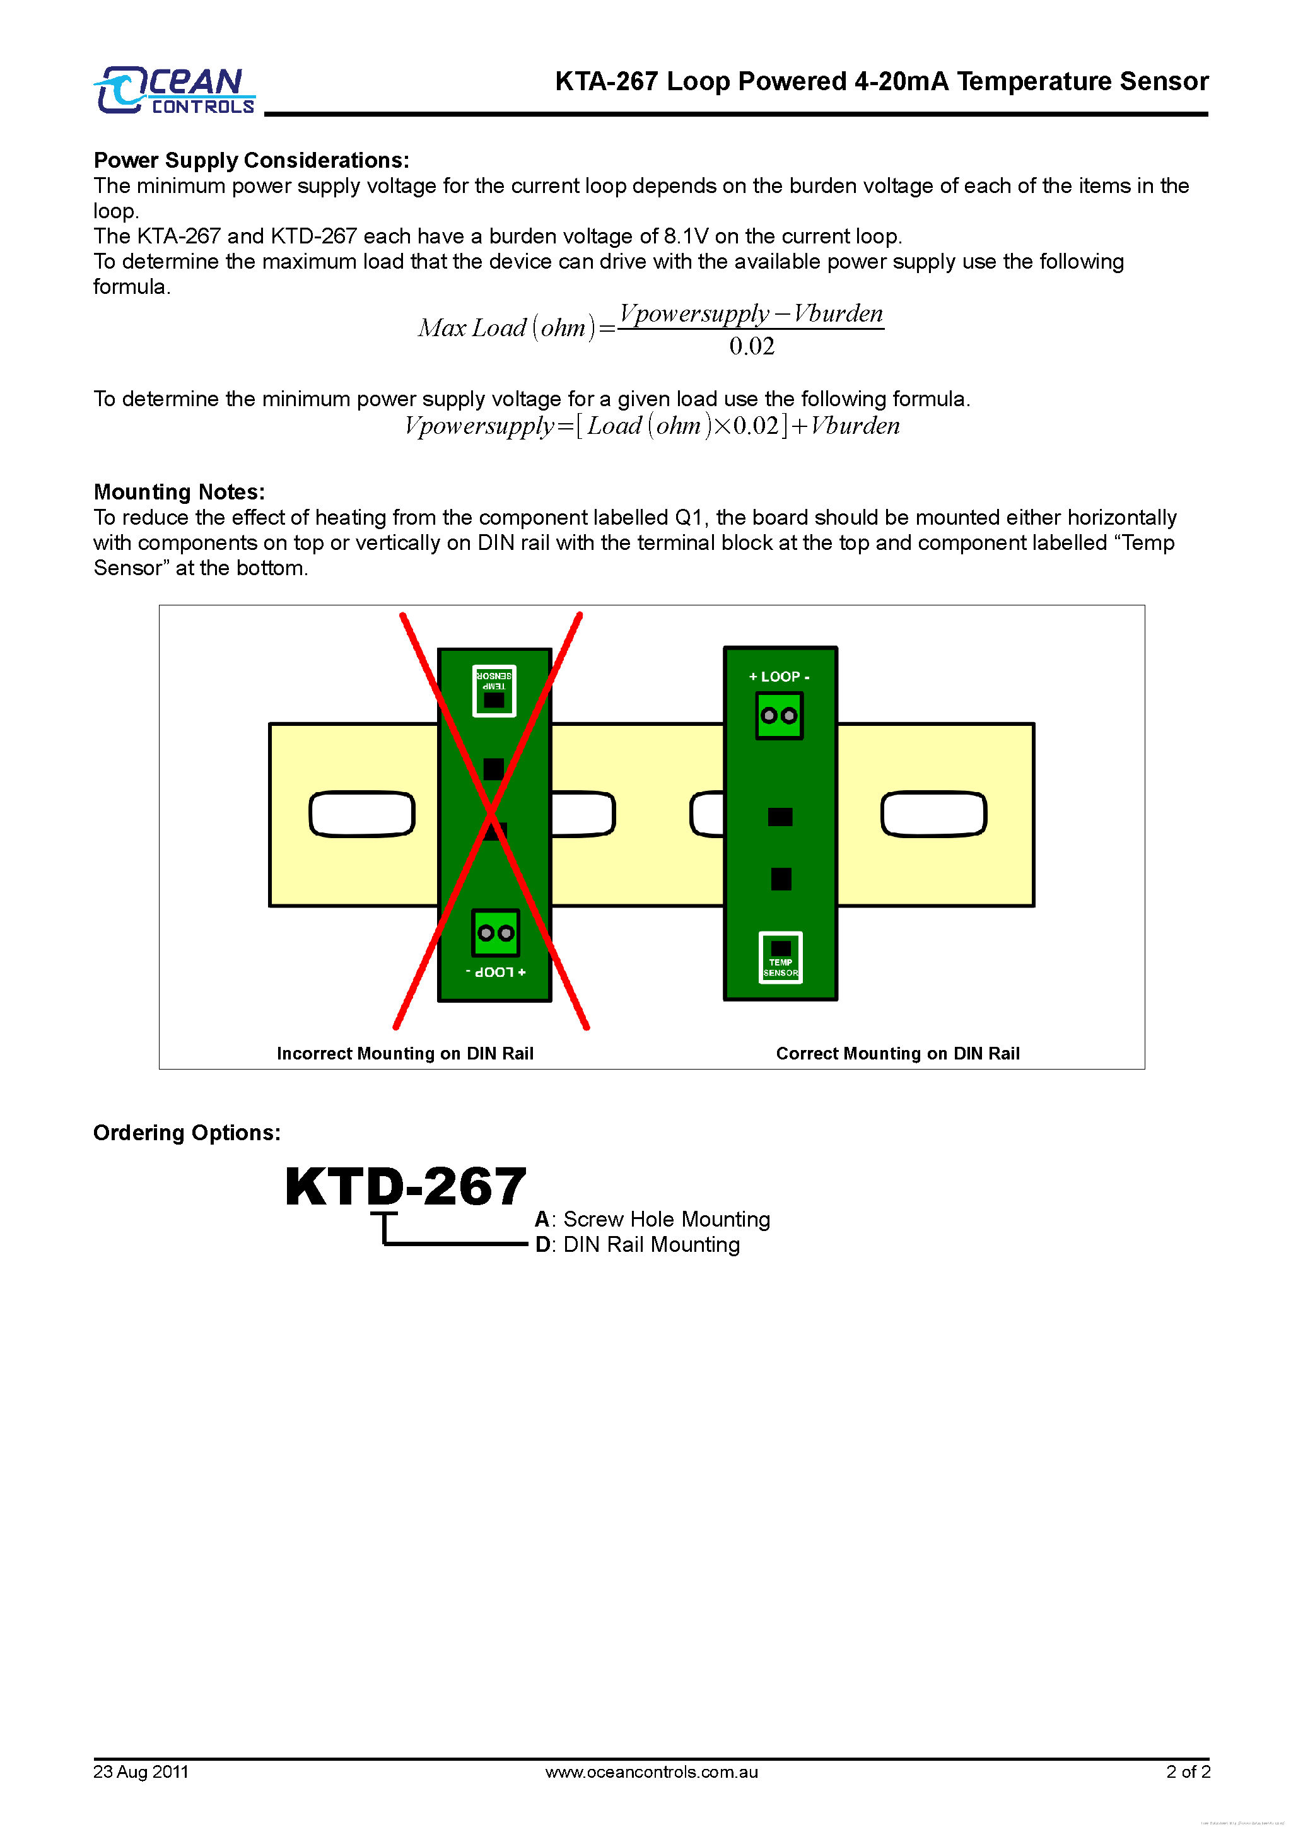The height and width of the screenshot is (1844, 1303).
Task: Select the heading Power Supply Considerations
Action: point(252,161)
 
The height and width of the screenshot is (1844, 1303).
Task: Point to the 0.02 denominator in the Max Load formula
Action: point(751,346)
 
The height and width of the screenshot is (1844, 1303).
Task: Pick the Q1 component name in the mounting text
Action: point(689,517)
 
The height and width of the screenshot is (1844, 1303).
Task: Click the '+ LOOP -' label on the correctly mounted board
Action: point(780,677)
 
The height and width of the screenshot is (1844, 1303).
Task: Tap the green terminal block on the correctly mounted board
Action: point(780,716)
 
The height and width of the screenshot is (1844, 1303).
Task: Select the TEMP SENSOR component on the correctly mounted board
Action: point(780,957)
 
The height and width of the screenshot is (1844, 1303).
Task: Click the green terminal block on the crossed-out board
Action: point(496,933)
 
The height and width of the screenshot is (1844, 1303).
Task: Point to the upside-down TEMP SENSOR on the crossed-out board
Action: point(494,691)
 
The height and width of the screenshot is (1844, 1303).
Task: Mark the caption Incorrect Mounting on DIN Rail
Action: point(405,1053)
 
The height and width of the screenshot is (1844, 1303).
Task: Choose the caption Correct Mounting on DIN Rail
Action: point(897,1053)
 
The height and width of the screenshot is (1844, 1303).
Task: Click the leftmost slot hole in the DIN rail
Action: point(362,814)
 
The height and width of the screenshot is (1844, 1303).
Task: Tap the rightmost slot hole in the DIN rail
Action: point(933,814)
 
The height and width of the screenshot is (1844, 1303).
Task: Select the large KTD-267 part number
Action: point(406,1186)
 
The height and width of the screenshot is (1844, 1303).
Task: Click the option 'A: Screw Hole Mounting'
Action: point(652,1219)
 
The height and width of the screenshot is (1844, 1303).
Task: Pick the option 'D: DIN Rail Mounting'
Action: point(638,1244)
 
